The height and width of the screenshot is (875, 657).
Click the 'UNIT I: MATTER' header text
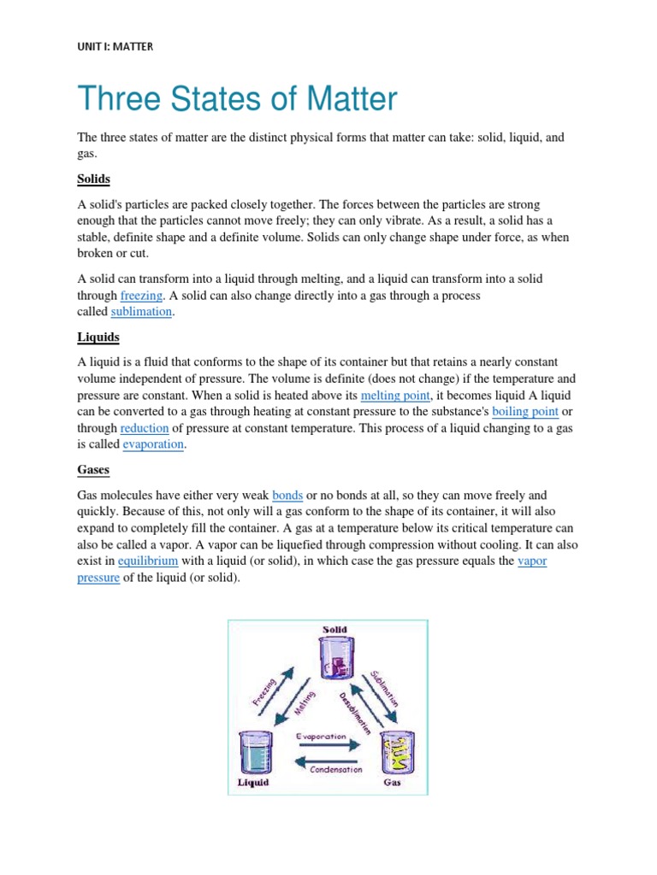pos(115,46)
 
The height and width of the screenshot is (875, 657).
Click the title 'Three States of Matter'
pos(238,100)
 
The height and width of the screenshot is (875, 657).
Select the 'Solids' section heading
pos(94,179)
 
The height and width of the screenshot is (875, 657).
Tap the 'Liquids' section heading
pos(98,338)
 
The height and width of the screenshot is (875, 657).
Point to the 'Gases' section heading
pos(93,470)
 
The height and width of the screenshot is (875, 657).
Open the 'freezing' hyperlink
pos(141,296)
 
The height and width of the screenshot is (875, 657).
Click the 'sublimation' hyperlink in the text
pos(142,312)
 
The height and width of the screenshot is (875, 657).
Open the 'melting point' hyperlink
pos(394,396)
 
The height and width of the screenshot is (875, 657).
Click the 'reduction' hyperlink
pos(144,428)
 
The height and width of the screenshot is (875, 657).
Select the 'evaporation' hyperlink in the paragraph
pos(153,445)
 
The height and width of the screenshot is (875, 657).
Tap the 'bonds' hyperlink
pos(287,495)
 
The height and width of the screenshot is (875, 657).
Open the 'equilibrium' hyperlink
pos(148,561)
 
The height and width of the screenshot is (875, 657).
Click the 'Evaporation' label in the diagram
pos(321,736)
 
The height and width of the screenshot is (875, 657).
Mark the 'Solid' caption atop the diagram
pos(334,630)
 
